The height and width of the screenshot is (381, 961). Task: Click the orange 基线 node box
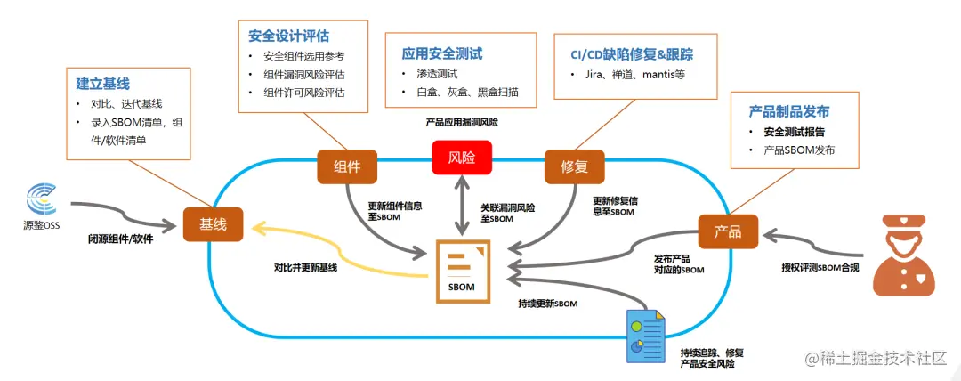[213, 224]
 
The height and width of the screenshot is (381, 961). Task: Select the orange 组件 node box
[347, 166]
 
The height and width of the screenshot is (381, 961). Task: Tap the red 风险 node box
[462, 158]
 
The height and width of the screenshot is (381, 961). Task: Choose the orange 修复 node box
[574, 166]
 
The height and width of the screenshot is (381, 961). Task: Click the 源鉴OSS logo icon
[43, 199]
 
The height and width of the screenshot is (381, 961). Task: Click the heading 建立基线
[103, 84]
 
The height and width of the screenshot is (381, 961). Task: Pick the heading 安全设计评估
[288, 36]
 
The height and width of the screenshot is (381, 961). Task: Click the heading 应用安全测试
[441, 53]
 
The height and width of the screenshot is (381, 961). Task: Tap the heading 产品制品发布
[788, 111]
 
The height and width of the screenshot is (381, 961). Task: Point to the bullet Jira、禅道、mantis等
[634, 75]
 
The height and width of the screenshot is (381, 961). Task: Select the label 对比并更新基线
[305, 267]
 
